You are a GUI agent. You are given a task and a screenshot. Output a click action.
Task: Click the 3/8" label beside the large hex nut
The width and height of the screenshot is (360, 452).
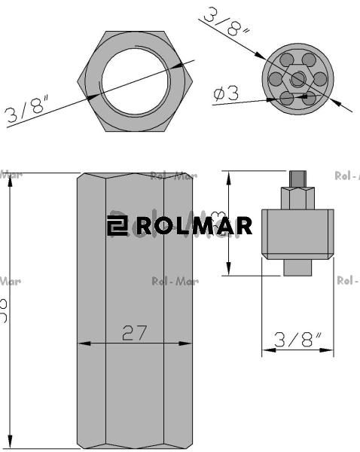[27, 109]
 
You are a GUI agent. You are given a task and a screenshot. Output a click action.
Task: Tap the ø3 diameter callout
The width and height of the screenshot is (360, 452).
[226, 93]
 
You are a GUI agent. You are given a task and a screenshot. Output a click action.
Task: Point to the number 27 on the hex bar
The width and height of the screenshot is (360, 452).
[134, 332]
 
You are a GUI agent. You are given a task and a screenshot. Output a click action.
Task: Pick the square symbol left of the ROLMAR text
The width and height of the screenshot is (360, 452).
[117, 225]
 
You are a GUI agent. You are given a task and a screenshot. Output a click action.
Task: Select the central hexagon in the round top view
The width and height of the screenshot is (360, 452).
[298, 79]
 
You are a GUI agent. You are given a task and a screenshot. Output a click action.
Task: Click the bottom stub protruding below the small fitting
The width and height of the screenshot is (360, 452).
[298, 267]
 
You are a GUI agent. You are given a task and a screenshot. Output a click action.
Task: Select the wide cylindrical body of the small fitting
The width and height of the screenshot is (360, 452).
[298, 234]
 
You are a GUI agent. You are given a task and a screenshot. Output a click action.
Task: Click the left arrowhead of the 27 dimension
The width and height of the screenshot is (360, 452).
[82, 344]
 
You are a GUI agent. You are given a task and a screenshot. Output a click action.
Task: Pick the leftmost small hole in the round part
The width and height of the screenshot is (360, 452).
[276, 79]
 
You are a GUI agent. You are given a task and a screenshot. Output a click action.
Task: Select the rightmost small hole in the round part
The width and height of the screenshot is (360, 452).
[320, 79]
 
